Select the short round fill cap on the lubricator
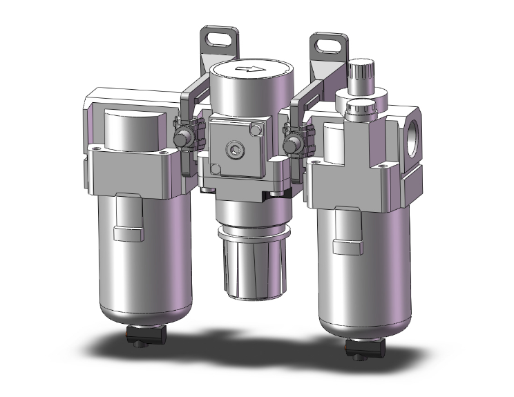click(361, 109)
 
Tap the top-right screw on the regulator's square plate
click(258, 129)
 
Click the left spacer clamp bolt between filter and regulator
click(185, 138)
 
